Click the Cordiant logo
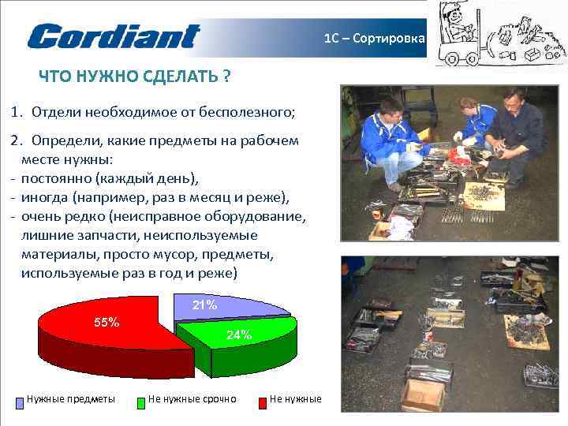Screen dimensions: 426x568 tap(114, 36)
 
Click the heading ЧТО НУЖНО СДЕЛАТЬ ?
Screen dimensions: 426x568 tap(135, 77)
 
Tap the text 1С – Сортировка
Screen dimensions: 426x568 tap(375, 38)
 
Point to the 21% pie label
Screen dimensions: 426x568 tap(205, 305)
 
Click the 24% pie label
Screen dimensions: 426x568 tap(239, 334)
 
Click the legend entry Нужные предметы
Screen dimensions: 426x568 tap(71, 399)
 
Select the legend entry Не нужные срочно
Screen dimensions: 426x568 tap(192, 399)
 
